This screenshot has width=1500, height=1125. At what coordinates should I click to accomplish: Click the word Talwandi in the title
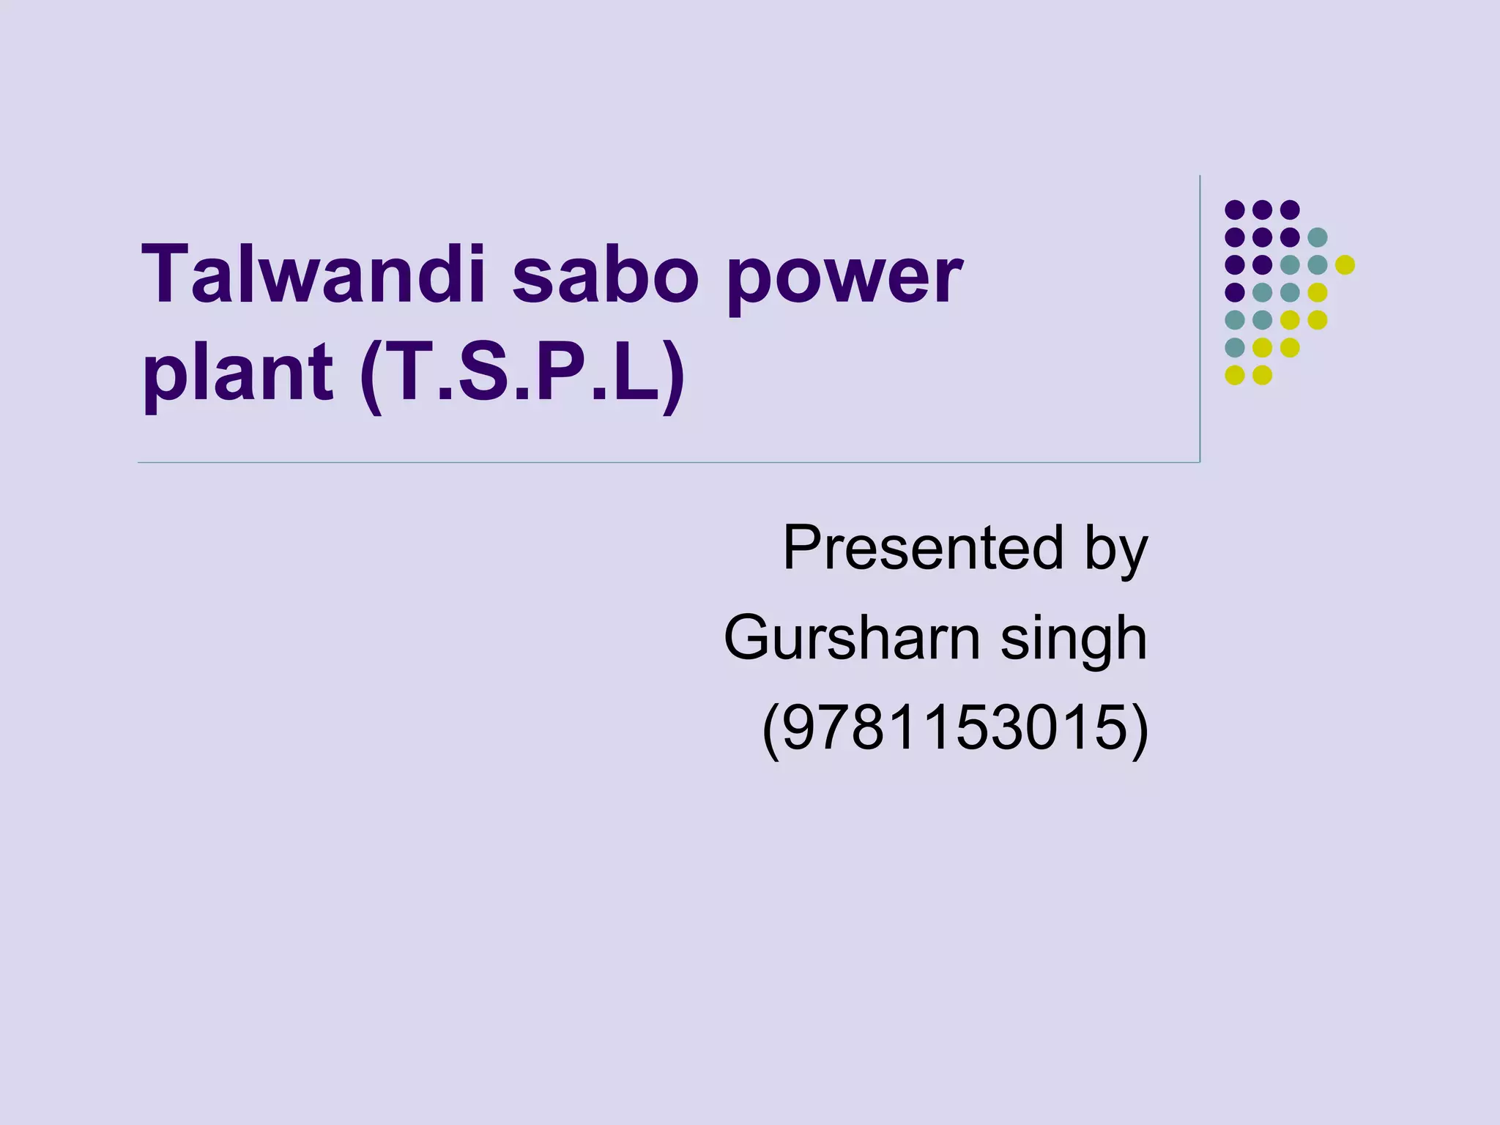pyautogui.click(x=316, y=275)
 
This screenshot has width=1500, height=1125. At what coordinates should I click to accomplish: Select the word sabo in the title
pyautogui.click(x=604, y=275)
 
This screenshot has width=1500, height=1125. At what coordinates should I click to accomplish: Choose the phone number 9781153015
pyautogui.click(x=955, y=728)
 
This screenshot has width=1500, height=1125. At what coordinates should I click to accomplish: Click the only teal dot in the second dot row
pyautogui.click(x=1317, y=237)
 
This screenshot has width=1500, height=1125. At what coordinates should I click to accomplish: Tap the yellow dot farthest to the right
pyautogui.click(x=1345, y=264)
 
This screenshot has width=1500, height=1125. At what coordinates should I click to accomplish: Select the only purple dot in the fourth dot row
pyautogui.click(x=1235, y=292)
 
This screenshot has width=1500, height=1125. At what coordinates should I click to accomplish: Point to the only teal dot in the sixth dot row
pyautogui.click(x=1235, y=347)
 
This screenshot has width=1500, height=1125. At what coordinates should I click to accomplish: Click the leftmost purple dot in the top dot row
pyautogui.click(x=1235, y=210)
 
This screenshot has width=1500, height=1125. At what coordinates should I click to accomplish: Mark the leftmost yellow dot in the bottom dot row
pyautogui.click(x=1235, y=375)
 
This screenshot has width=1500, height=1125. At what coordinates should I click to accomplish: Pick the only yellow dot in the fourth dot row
pyautogui.click(x=1317, y=292)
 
